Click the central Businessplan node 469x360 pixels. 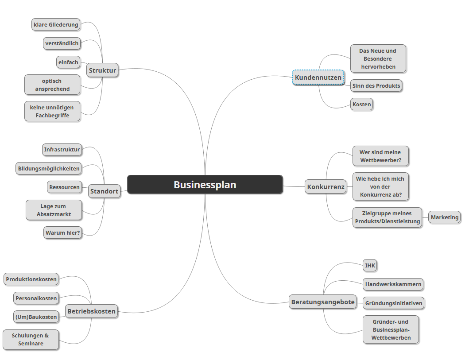point(205,185)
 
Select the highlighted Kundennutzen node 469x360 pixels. point(318,78)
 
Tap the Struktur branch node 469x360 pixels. point(102,70)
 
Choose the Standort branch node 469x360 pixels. point(104,192)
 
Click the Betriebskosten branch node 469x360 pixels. point(91,311)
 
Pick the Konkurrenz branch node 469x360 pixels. point(326,187)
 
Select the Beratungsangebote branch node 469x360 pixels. point(323,302)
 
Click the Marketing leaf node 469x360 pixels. point(445,217)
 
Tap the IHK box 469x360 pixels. point(370,266)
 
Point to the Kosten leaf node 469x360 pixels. point(361,105)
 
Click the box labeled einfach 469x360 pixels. point(68,62)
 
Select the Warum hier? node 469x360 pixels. point(63,232)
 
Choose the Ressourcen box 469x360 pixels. point(65,187)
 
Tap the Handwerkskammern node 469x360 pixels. point(393,284)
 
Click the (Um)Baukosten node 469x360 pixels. point(36,317)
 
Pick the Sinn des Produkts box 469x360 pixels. point(376,86)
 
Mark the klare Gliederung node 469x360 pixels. point(56,25)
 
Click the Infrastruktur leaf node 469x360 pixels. point(62,150)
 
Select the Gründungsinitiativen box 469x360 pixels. point(394,303)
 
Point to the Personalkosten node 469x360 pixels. point(36,298)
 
